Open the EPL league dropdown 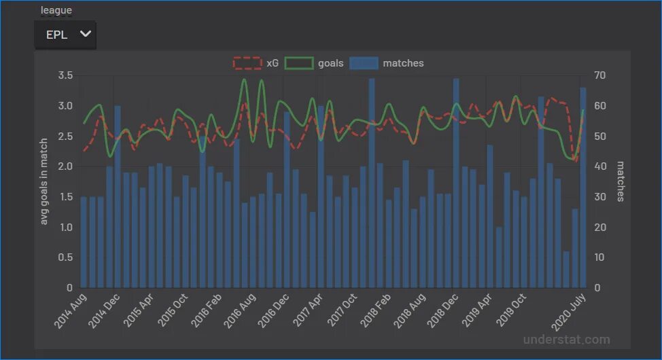(x=65, y=35)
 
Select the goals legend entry (x=314, y=63)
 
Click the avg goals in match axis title (x=44, y=181)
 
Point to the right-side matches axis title (x=620, y=181)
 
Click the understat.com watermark (x=566, y=340)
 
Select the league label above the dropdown (x=56, y=10)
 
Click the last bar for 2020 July (x=583, y=187)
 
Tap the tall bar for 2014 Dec (x=118, y=196)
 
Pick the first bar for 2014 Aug (x=84, y=242)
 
